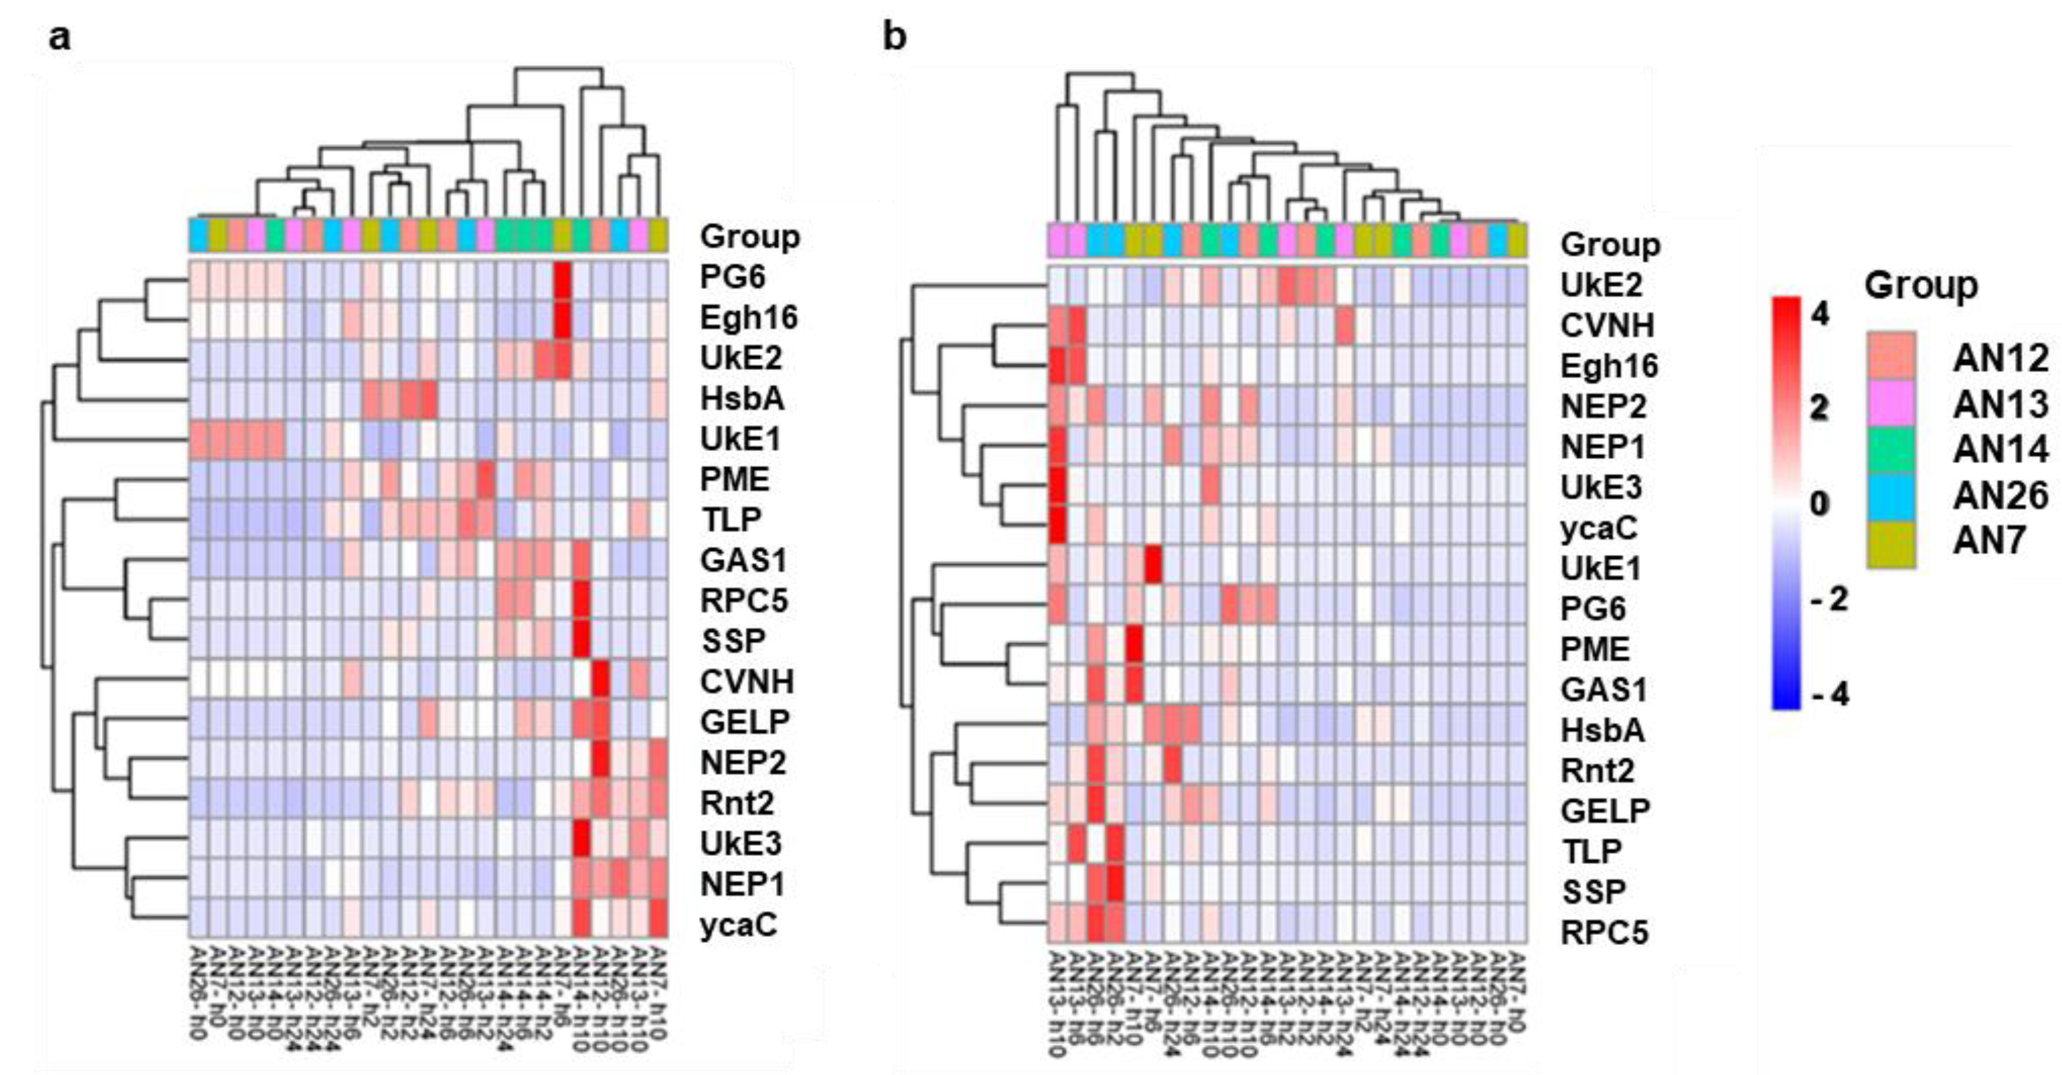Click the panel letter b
point(894,37)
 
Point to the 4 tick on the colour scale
point(1819,314)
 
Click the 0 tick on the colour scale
point(1819,503)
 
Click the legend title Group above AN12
point(1921,286)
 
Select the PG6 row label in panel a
point(732,277)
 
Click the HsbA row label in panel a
point(741,399)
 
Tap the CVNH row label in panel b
point(1608,325)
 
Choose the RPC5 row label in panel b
point(1604,932)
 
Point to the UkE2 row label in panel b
point(1601,285)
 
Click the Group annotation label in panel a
point(749,237)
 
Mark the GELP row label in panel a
point(745,722)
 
